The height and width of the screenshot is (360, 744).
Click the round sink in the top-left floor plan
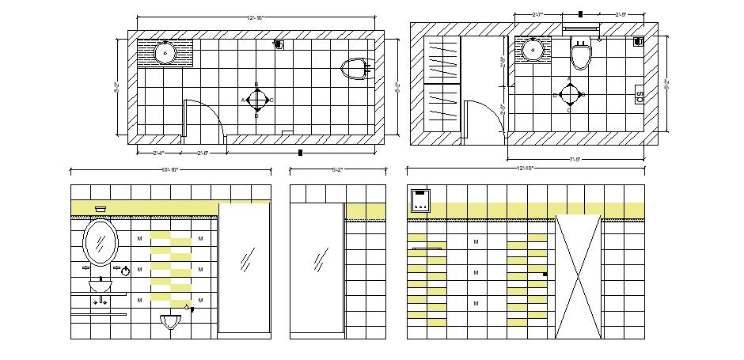(165, 53)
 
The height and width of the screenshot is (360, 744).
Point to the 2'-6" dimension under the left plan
(204, 153)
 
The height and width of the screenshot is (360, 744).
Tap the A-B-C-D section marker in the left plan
(256, 100)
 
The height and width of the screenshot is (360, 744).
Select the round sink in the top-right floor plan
(533, 51)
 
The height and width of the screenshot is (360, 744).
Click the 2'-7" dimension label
(538, 14)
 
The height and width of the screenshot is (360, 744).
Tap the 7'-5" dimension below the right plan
(575, 159)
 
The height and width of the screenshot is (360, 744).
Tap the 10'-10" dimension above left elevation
(169, 169)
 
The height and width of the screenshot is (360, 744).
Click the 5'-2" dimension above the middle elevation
(336, 169)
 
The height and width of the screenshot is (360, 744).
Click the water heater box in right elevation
(419, 201)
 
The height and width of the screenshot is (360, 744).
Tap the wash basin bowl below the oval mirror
(100, 285)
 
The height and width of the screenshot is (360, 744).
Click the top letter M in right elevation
(476, 242)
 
